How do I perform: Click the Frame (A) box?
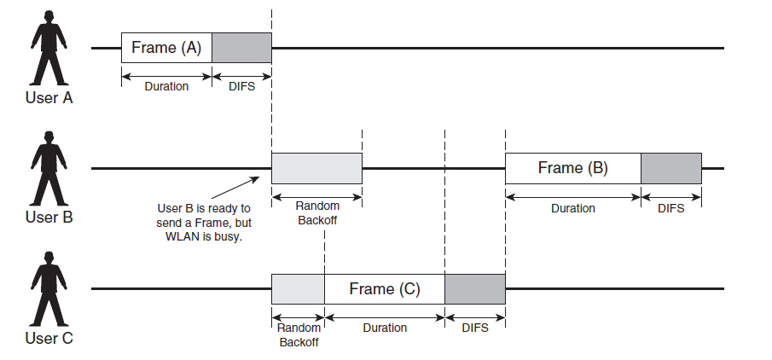pyautogui.click(x=166, y=48)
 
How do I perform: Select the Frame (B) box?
pyautogui.click(x=572, y=168)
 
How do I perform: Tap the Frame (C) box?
pyautogui.click(x=384, y=289)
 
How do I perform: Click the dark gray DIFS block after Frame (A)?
pyautogui.click(x=241, y=48)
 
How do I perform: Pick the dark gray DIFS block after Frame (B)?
pyautogui.click(x=670, y=168)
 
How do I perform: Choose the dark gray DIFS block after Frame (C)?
pyautogui.click(x=474, y=289)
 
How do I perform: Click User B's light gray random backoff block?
pyautogui.click(x=316, y=168)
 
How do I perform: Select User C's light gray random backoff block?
pyautogui.click(x=298, y=289)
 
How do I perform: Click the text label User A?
pyautogui.click(x=49, y=97)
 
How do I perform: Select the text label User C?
pyautogui.click(x=49, y=339)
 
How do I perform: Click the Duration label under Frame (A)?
pyautogui.click(x=166, y=86)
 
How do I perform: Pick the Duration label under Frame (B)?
pyautogui.click(x=572, y=207)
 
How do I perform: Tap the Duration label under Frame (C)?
pyautogui.click(x=385, y=328)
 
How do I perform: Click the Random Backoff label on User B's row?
pyautogui.click(x=317, y=212)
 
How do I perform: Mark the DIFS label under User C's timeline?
pyautogui.click(x=474, y=328)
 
